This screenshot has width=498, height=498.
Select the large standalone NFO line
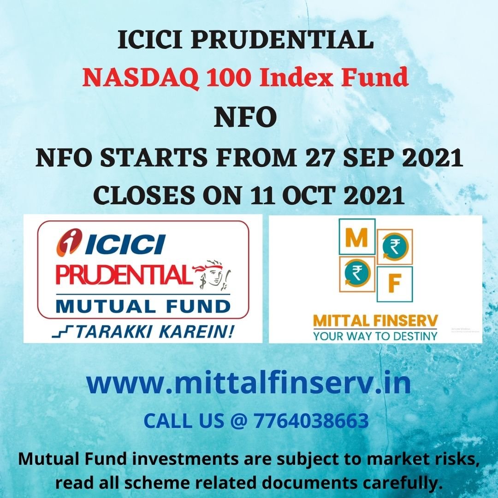pyautogui.click(x=245, y=118)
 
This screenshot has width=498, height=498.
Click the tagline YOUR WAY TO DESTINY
pyautogui.click(x=375, y=335)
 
